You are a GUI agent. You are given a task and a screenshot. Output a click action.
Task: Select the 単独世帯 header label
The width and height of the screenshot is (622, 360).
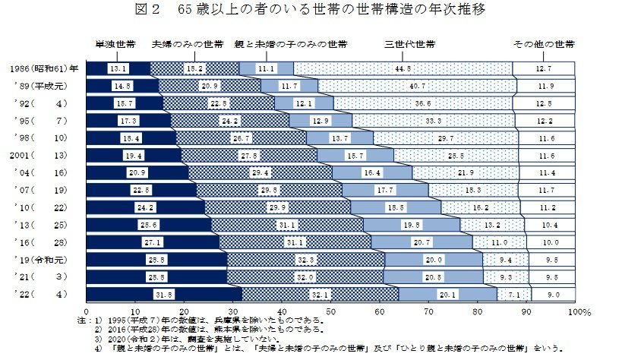115,45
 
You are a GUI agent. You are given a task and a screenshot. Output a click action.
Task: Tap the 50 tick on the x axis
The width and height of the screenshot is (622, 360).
331,311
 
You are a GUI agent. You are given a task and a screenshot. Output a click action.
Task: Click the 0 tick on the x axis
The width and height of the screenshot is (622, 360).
87,311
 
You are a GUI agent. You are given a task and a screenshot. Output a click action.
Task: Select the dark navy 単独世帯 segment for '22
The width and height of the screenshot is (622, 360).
164,295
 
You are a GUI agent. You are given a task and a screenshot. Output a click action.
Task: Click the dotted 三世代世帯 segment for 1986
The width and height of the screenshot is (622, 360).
403,68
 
